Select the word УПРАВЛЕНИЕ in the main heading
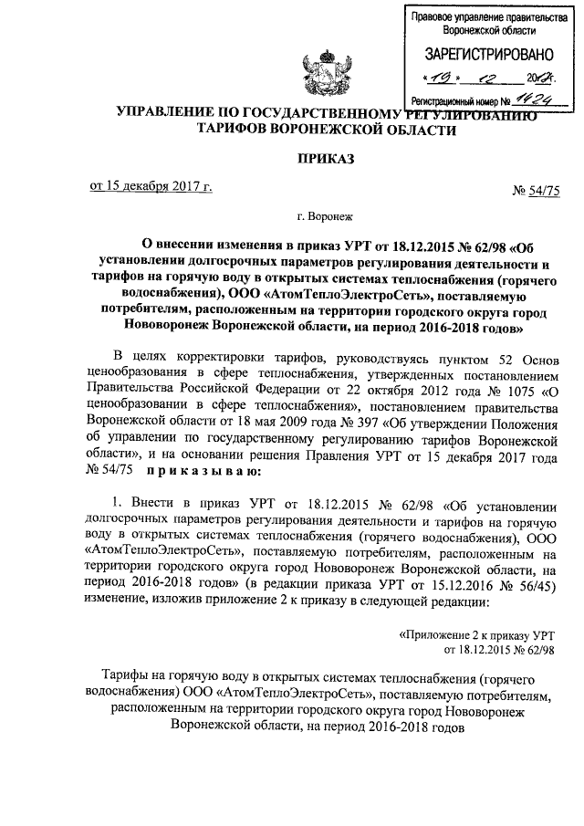click(166, 114)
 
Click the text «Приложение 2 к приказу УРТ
click(477, 633)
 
